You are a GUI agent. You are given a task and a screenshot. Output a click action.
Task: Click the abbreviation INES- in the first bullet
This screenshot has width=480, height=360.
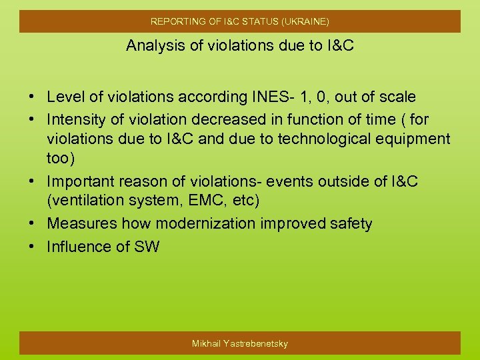[x=274, y=97]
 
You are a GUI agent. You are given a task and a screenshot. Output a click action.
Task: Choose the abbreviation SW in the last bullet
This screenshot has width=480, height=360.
[x=147, y=247]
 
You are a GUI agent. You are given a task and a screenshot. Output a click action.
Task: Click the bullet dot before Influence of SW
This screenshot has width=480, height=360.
[x=32, y=247]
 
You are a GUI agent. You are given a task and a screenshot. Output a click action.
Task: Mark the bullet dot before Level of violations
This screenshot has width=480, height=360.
[x=32, y=97]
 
